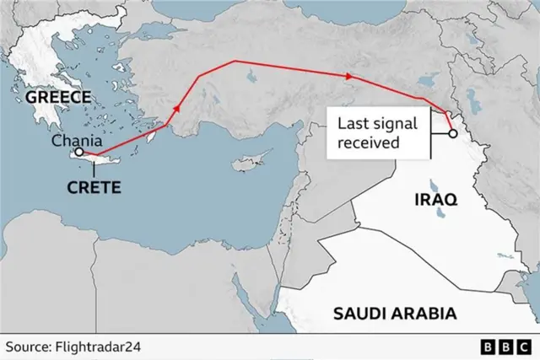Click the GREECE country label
[x=57, y=96]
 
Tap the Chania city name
[x=79, y=142]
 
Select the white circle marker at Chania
[x=78, y=153]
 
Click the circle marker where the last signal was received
[x=452, y=133]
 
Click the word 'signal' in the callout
[x=397, y=124]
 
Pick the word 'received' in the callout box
[x=369, y=142]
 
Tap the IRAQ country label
[x=435, y=200]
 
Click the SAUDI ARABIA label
[x=395, y=314]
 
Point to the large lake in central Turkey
[x=251, y=80]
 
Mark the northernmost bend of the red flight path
[x=234, y=61]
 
